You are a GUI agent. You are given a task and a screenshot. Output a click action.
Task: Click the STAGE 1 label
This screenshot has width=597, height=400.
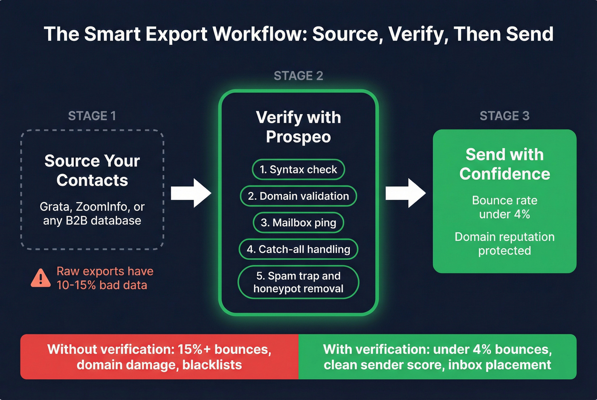click(92, 116)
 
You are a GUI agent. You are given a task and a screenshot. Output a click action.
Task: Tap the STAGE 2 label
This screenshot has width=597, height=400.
click(298, 76)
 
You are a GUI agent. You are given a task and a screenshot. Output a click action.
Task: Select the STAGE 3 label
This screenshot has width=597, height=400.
click(504, 116)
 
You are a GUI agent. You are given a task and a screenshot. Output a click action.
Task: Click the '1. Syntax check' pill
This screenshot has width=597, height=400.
click(298, 170)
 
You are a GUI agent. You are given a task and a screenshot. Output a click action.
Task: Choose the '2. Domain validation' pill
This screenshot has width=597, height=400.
click(298, 196)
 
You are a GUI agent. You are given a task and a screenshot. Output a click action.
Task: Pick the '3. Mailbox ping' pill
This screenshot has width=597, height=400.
click(298, 223)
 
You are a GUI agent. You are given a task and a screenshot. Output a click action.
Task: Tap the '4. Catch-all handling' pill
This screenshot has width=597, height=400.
click(298, 249)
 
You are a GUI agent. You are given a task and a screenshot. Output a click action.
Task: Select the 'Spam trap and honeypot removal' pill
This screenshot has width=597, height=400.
click(298, 282)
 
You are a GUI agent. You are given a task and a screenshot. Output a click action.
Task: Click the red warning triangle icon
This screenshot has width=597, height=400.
click(41, 279)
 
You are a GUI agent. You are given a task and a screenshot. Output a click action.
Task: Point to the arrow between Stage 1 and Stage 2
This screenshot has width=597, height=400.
click(191, 193)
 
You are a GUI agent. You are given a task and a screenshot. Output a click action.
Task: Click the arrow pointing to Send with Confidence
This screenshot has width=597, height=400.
click(406, 193)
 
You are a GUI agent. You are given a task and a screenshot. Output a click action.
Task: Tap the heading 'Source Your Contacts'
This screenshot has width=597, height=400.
click(92, 170)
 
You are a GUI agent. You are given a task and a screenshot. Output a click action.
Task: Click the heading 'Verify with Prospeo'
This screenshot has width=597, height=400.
click(298, 127)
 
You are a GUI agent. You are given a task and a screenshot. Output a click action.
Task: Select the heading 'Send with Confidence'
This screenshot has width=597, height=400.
click(504, 164)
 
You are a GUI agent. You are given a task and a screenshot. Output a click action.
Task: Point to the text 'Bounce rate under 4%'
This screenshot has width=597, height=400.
click(504, 207)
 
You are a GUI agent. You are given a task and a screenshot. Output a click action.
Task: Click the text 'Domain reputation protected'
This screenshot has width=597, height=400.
click(504, 244)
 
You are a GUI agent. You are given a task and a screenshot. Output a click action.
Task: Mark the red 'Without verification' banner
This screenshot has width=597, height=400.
click(159, 357)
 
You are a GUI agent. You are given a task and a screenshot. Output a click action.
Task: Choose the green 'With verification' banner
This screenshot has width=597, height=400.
click(438, 357)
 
